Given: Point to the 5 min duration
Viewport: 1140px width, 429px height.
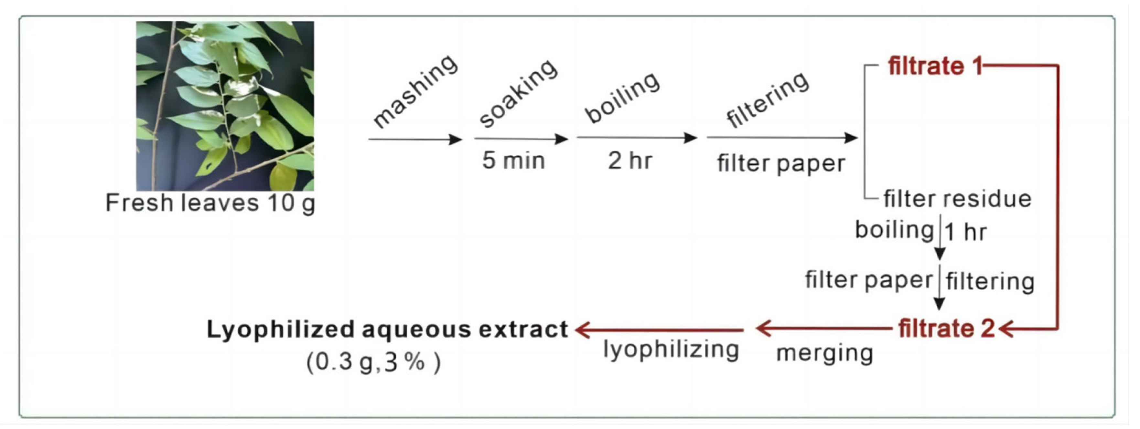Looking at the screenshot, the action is [513, 160].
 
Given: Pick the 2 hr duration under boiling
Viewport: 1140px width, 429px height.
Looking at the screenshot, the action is [630, 160].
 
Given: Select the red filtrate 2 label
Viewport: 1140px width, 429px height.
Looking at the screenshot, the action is [946, 329].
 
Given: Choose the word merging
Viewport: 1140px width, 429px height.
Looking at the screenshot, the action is [824, 353].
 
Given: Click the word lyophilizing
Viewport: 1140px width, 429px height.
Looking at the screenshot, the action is [671, 350].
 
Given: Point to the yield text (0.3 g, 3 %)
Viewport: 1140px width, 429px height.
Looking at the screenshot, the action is [373, 363].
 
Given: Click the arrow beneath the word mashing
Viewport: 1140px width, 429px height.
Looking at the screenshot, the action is [415, 139].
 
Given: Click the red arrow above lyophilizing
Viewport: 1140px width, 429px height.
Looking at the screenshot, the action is [659, 330].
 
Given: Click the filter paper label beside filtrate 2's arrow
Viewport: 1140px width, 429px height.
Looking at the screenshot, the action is [869, 280].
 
